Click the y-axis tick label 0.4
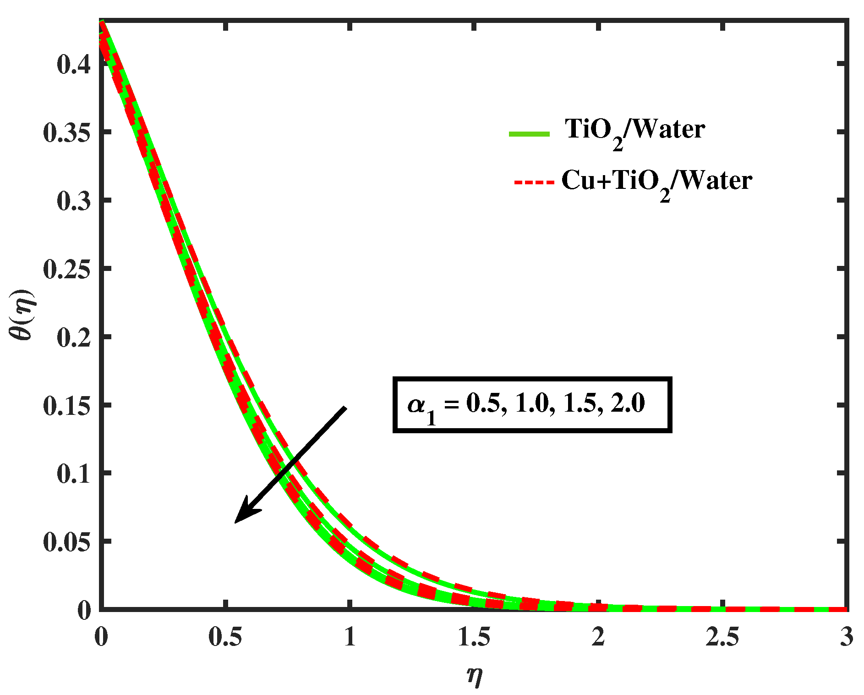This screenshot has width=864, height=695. (x=73, y=64)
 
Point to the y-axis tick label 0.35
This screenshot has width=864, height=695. (x=66, y=132)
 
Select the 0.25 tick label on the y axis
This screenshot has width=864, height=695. (x=66, y=269)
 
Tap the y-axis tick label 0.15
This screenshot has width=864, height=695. (x=66, y=406)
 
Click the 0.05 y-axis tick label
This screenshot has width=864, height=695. (x=66, y=542)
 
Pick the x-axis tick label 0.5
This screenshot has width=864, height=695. (x=225, y=637)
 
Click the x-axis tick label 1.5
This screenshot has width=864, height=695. (x=474, y=637)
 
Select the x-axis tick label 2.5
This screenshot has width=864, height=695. (x=722, y=637)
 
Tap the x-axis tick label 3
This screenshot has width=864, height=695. (x=847, y=637)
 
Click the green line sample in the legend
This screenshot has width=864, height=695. (x=529, y=134)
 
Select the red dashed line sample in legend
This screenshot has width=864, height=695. (x=534, y=182)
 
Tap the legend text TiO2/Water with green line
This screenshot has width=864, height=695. (x=634, y=131)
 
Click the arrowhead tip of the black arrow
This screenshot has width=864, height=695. (x=235, y=522)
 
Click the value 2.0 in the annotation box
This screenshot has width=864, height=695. (x=628, y=403)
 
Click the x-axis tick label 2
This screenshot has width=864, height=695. (x=598, y=637)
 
